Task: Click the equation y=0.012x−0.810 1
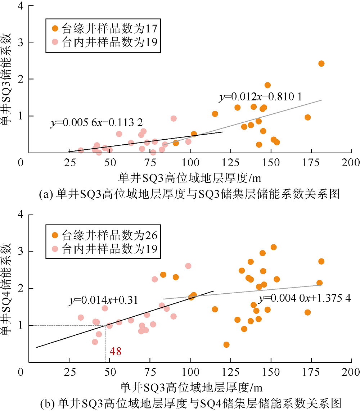260,97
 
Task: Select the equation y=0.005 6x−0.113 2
96,123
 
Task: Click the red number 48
116,352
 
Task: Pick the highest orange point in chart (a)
321,64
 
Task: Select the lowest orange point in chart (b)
226,344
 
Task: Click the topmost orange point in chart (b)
274,247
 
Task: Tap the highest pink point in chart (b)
188,266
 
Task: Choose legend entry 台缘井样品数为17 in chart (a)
104,28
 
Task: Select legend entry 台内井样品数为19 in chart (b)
104,248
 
